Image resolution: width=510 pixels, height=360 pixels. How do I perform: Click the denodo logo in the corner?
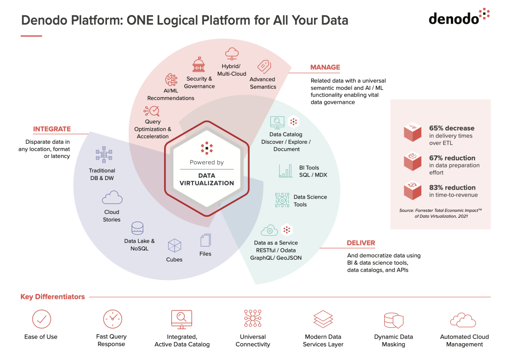click(459, 17)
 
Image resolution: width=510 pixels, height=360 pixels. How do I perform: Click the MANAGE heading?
click(325, 67)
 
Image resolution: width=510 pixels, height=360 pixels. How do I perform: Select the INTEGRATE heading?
click(52, 129)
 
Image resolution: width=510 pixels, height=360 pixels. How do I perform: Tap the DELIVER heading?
click(361, 243)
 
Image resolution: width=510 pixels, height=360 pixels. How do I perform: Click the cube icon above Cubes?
click(174, 246)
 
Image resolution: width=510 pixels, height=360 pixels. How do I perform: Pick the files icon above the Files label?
click(206, 240)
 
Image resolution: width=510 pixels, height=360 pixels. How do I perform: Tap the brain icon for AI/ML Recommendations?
click(171, 80)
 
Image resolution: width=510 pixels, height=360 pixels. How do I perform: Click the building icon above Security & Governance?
click(199, 64)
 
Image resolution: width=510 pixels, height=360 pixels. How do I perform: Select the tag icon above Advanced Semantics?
click(264, 67)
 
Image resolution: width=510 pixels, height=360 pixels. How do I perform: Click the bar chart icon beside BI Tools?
click(286, 171)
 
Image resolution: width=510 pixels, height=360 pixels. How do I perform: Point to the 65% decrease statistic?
click(452, 128)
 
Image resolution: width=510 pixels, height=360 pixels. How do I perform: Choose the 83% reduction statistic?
click(452, 188)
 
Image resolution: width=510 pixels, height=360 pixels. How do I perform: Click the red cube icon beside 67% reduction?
click(412, 161)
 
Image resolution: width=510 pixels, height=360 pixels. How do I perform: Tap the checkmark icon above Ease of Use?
click(42, 319)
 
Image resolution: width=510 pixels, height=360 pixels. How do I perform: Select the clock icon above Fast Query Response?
click(113, 319)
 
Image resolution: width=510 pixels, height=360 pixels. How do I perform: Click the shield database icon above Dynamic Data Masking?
click(393, 320)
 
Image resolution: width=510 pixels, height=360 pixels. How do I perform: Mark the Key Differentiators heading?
click(52, 297)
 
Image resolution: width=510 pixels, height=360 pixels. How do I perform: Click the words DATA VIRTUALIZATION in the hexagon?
click(207, 179)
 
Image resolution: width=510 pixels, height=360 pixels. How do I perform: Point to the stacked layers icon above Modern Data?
click(323, 319)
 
